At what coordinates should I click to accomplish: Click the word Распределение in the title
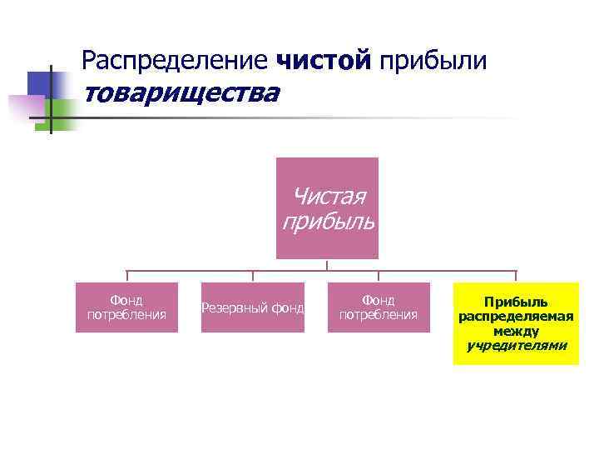pos(176,60)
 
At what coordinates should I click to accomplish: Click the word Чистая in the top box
pos(330,197)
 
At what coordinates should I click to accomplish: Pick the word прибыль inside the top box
pos(329,222)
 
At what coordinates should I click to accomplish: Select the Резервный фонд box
pos(253,307)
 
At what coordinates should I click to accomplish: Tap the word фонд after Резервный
pos(288,308)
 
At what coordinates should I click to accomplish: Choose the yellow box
pos(516,323)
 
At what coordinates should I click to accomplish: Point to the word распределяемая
pos(516,317)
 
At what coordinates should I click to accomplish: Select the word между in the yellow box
pos(516,331)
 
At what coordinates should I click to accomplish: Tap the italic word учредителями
pos(516,345)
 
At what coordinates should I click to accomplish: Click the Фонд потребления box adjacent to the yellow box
pos(379,307)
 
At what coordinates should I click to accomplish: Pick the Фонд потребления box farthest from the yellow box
pos(126,307)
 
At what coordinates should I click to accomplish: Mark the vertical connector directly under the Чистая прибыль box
pos(328,265)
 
